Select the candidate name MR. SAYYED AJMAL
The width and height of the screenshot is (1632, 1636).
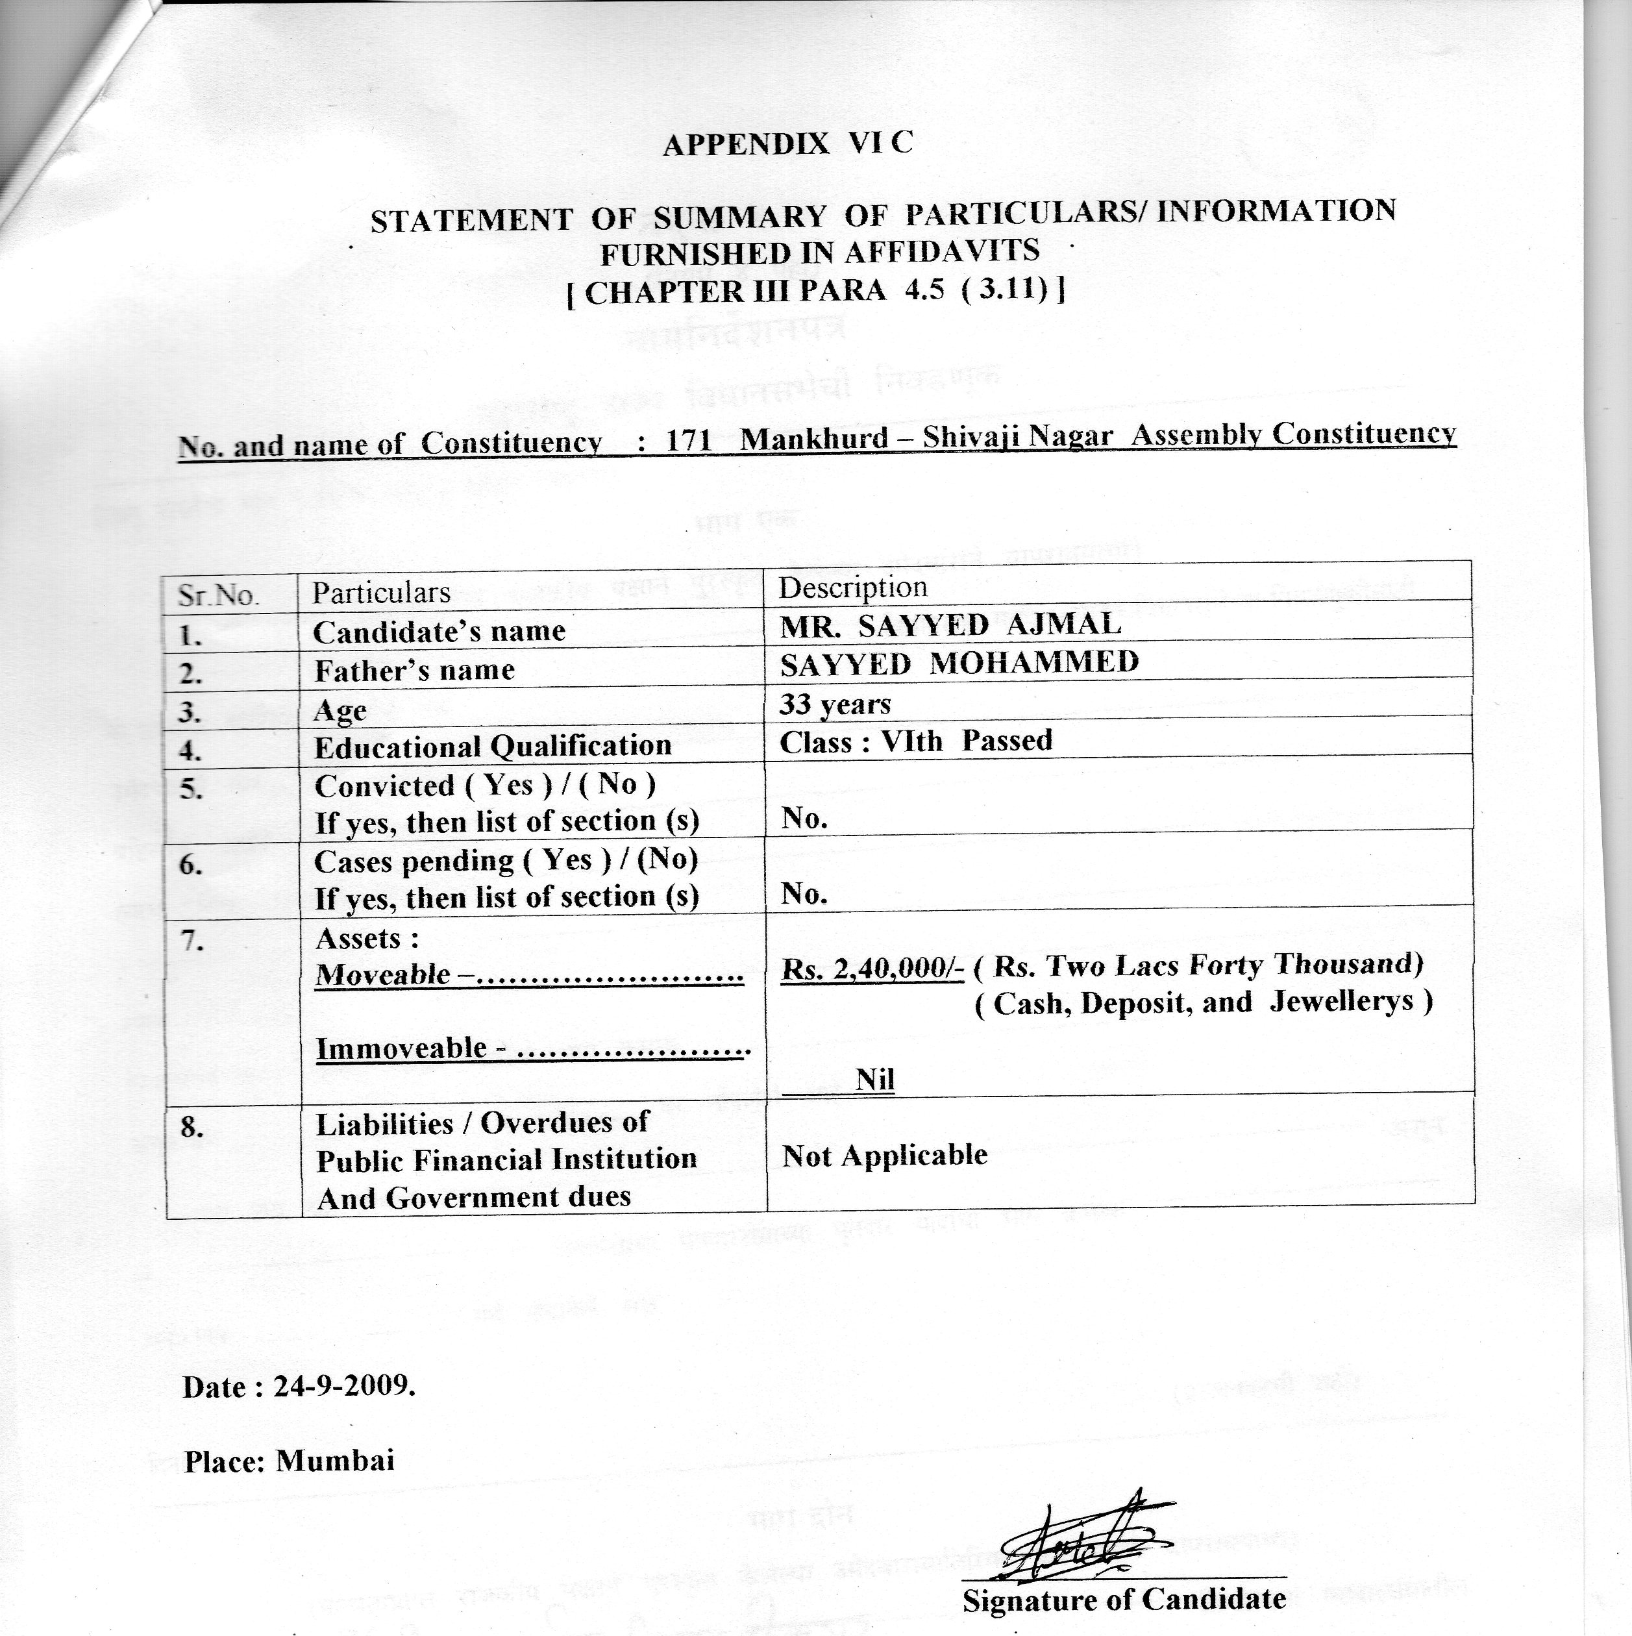tap(950, 625)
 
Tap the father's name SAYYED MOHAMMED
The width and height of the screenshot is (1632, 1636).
tap(959, 663)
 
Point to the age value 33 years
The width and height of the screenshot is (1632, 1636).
tap(834, 704)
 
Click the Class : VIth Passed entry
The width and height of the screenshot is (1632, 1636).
tap(915, 742)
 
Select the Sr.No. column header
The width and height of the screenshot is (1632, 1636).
tap(217, 595)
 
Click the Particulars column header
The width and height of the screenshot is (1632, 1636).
tap(381, 593)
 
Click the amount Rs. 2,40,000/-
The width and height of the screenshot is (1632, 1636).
tap(872, 969)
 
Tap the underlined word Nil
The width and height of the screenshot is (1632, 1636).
tap(875, 1080)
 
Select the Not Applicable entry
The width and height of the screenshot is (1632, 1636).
tap(884, 1156)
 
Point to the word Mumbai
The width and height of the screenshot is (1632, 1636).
tap(336, 1461)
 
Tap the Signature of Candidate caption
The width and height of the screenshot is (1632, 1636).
tap(1124, 1599)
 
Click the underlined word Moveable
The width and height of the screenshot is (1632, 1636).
tap(383, 974)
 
